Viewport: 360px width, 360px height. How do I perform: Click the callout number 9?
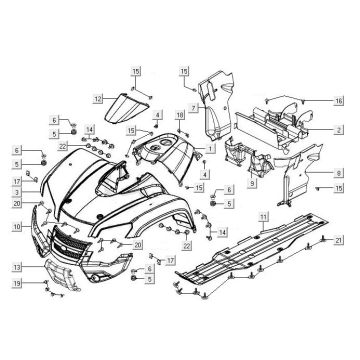pyautogui.click(x=251, y=183)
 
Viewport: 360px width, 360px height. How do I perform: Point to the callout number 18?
pyautogui.click(x=179, y=117)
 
